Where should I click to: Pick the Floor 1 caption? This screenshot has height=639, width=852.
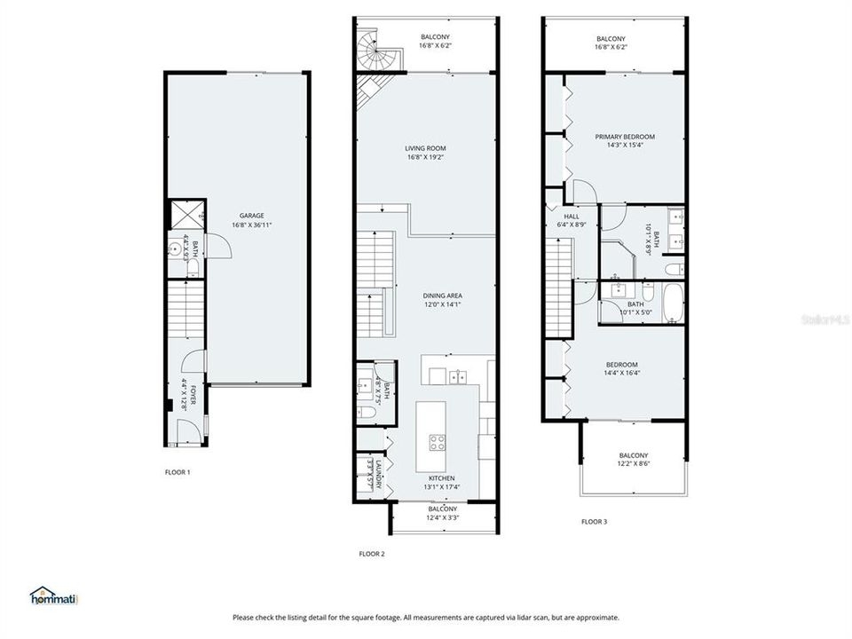[177, 472]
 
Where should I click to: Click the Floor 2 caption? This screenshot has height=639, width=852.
[371, 554]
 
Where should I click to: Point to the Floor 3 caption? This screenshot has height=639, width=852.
[594, 522]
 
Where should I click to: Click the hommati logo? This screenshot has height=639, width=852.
[54, 596]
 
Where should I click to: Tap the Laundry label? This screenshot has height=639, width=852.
[378, 474]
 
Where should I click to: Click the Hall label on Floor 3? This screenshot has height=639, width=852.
[572, 216]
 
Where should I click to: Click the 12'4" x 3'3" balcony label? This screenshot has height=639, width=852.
[442, 513]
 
